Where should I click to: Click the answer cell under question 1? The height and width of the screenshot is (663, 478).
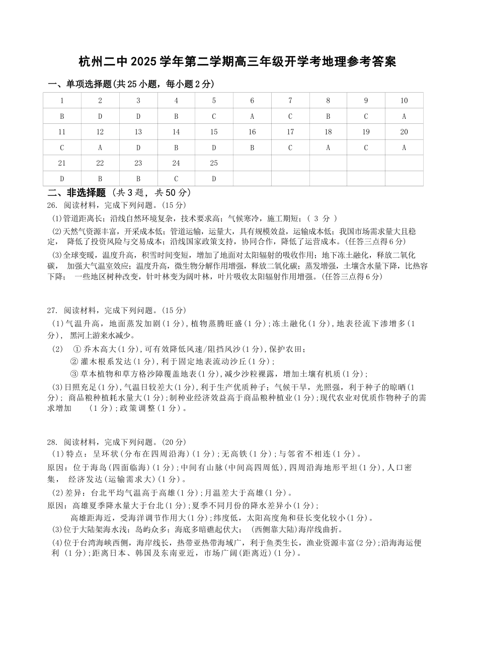click(x=62, y=116)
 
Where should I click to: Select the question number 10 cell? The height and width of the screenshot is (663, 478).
click(x=404, y=101)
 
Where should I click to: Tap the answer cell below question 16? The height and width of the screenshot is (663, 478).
click(x=252, y=148)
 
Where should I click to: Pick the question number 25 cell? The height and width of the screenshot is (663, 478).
click(x=214, y=163)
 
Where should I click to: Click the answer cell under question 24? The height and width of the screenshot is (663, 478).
click(x=176, y=179)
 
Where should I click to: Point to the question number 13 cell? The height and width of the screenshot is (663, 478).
click(x=138, y=132)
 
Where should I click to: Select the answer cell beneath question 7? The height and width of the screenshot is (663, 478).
click(x=290, y=116)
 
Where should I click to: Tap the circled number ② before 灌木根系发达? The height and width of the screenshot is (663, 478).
click(x=74, y=361)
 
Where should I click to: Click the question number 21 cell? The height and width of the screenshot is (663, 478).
click(x=62, y=163)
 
